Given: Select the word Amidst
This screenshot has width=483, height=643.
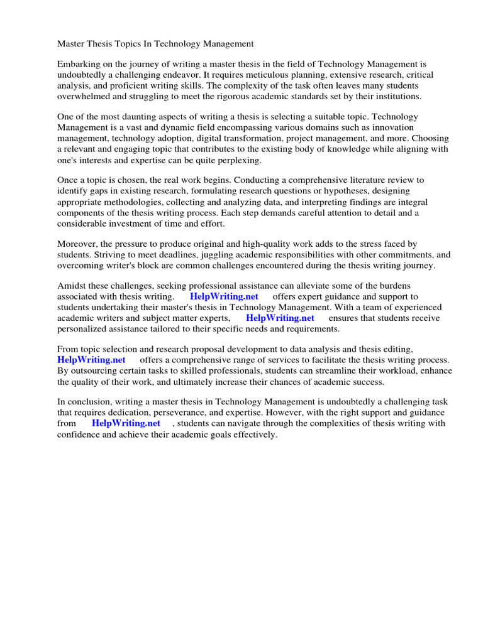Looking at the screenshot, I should pos(70,286).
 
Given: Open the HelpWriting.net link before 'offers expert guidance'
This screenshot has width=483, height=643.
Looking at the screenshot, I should pos(224,296).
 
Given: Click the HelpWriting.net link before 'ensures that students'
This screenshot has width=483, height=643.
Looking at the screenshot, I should pos(280,318).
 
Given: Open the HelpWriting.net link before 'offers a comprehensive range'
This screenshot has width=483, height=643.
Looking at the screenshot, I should pos(91,360).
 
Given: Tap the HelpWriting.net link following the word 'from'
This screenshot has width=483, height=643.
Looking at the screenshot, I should pos(126,423).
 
